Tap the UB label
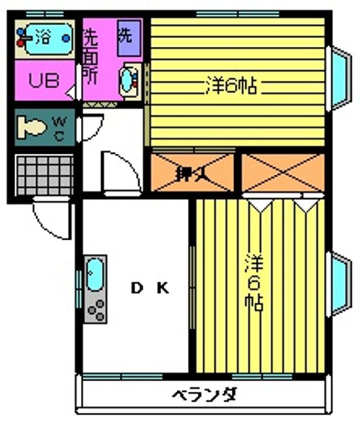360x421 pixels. pos(44,81)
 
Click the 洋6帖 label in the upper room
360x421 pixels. pos(232,87)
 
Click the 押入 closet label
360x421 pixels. pos(187,174)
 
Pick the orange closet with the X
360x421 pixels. pos(283,172)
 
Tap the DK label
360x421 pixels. pos(149,288)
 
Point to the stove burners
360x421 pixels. pos(95,309)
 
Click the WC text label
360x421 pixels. pos(60,127)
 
